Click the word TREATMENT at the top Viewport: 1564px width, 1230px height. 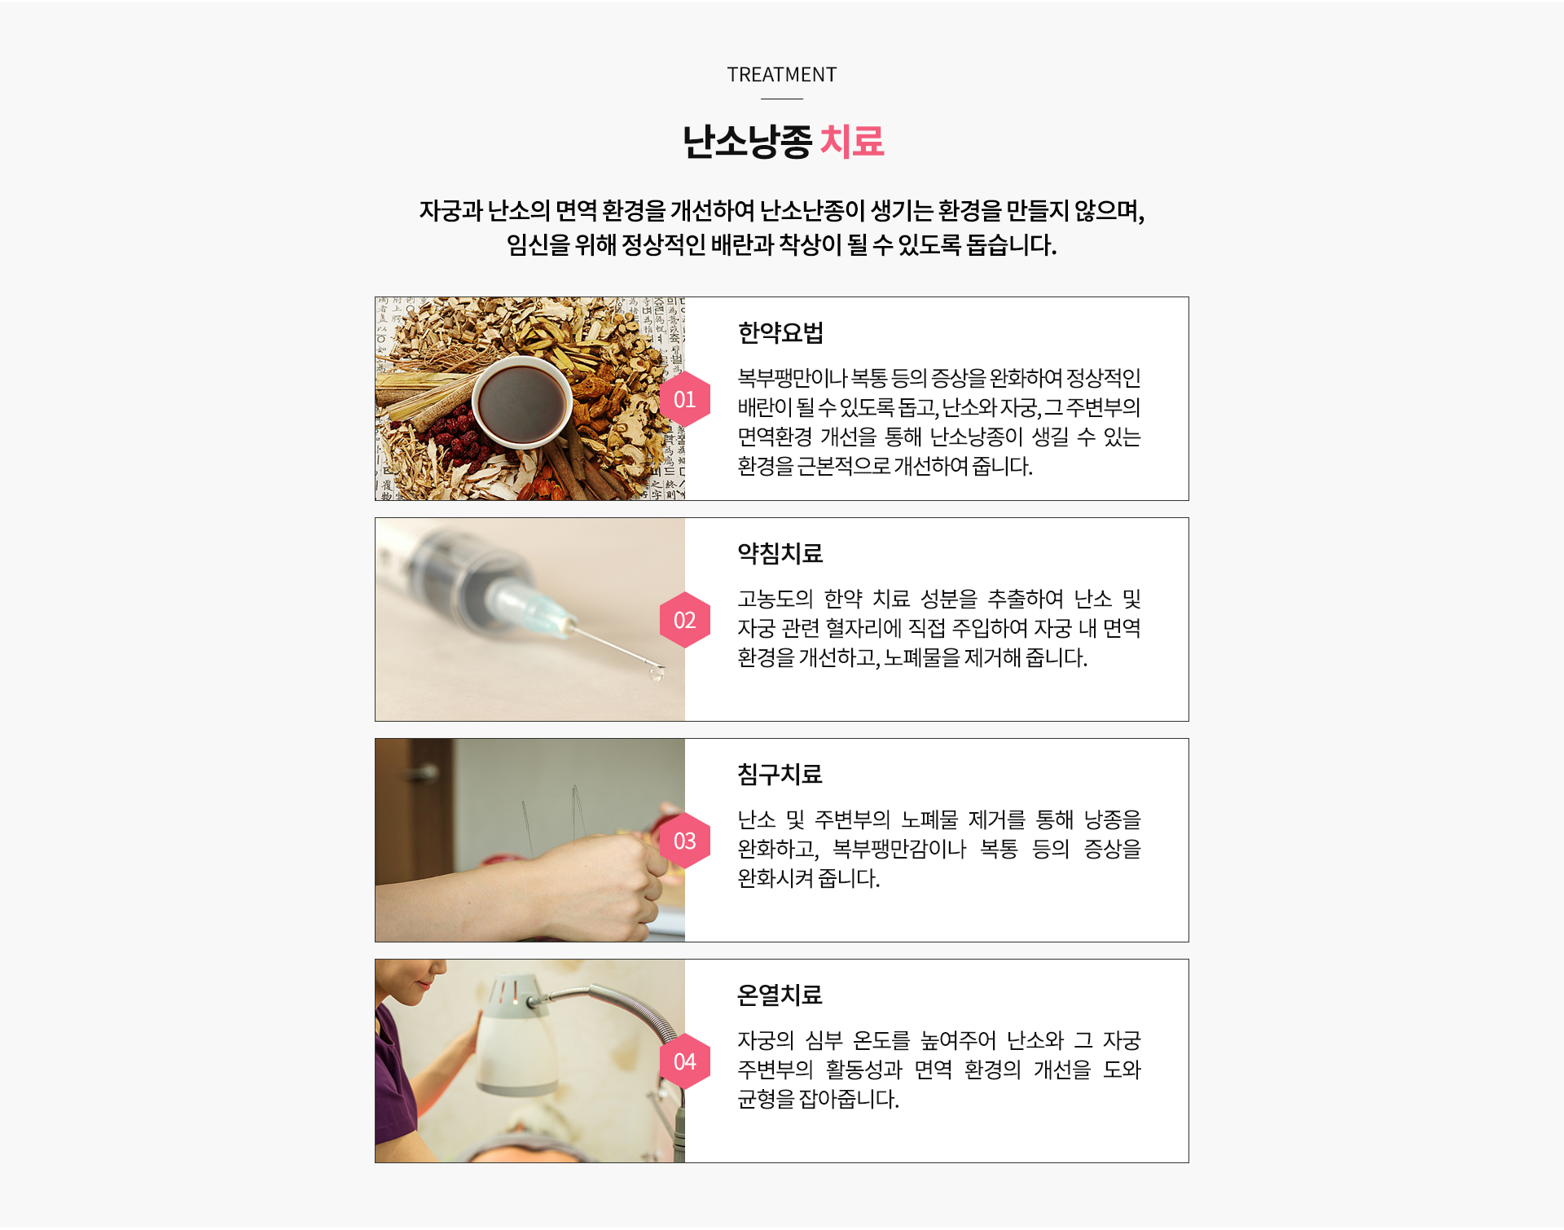tap(781, 75)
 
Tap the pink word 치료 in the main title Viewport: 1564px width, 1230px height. tap(852, 142)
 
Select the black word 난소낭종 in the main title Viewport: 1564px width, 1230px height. tap(747, 142)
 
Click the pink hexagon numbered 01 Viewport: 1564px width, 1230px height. tap(685, 399)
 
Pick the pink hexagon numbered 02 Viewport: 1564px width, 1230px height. tap(685, 620)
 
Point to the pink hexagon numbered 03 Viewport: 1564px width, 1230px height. tap(685, 841)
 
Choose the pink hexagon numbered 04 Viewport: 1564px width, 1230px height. tap(685, 1061)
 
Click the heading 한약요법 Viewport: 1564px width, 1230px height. tap(780, 332)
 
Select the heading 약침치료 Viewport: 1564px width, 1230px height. tap(780, 553)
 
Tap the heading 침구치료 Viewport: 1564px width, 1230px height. tap(780, 774)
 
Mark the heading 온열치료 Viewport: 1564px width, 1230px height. tap(780, 995)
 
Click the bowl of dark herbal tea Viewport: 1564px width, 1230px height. tap(522, 402)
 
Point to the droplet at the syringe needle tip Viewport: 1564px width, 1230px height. tap(656, 673)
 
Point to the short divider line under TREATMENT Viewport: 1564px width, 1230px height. tap(782, 99)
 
